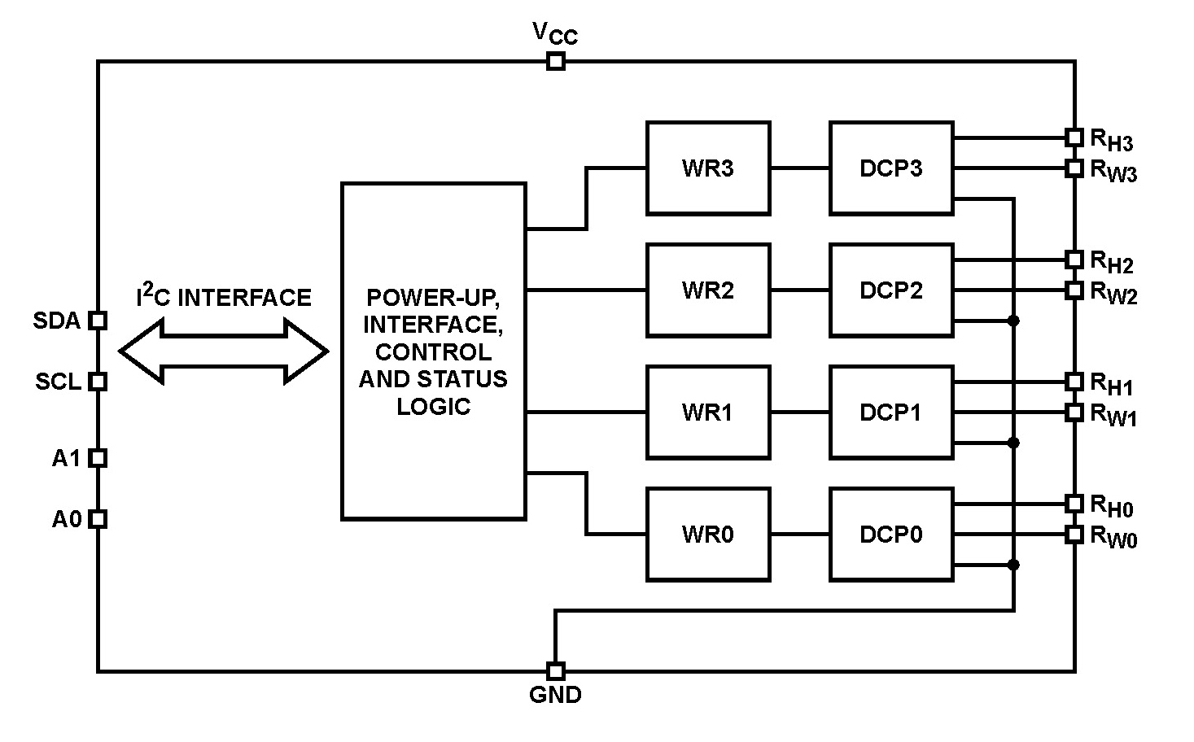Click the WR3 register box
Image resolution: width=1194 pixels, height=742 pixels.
click(x=707, y=168)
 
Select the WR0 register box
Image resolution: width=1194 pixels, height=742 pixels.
click(x=707, y=535)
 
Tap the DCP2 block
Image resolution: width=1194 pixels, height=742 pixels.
click(x=891, y=290)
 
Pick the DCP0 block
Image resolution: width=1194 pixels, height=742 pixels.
click(x=891, y=535)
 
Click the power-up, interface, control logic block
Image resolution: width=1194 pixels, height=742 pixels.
click(x=433, y=351)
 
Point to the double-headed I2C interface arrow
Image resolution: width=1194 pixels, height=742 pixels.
click(x=224, y=351)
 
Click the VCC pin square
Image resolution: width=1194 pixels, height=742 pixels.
click(x=555, y=61)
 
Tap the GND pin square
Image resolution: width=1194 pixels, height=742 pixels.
click(x=555, y=671)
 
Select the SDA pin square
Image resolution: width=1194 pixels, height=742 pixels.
click(x=98, y=321)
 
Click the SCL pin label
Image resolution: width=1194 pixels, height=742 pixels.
click(x=58, y=382)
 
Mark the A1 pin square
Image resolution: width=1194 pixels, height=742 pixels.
click(x=98, y=458)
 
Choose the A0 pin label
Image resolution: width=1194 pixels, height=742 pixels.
click(x=67, y=519)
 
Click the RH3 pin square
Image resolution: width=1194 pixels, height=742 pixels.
click(x=1074, y=137)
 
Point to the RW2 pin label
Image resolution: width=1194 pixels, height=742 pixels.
click(x=1113, y=293)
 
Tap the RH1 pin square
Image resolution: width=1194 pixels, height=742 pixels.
click(x=1074, y=381)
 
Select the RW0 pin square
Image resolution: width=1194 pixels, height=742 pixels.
click(x=1074, y=535)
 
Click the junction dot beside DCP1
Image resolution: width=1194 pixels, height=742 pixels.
click(x=1013, y=443)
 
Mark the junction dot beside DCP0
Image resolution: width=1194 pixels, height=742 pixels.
click(x=1013, y=565)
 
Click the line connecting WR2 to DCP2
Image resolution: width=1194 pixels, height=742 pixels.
click(x=799, y=290)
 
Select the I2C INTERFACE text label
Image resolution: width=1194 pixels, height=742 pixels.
click(x=224, y=297)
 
